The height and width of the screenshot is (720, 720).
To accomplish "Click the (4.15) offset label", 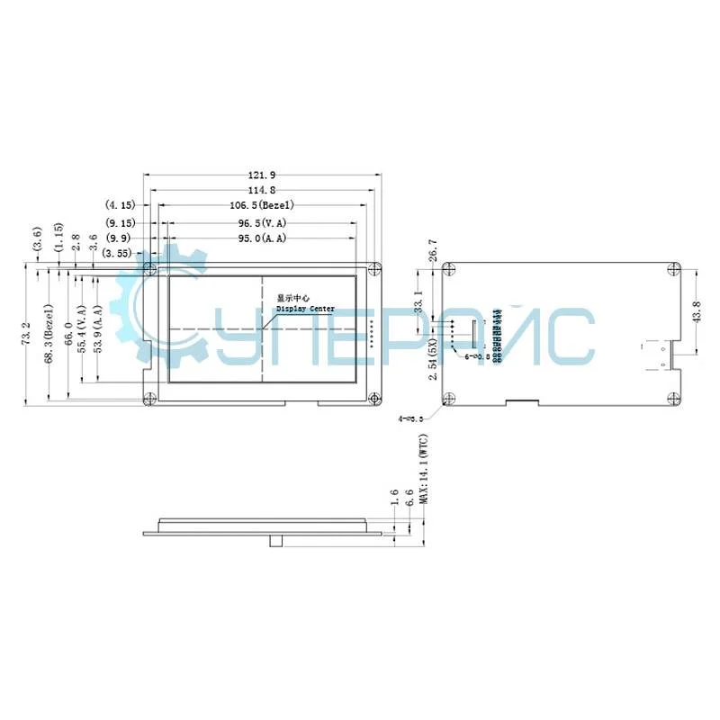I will (120, 205).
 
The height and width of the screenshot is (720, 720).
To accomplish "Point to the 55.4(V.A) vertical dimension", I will (82, 329).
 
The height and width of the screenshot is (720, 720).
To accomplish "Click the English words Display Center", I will (305, 309).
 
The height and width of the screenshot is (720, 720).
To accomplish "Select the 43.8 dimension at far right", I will (695, 310).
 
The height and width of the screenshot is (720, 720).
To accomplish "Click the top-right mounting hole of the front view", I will (376, 267).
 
